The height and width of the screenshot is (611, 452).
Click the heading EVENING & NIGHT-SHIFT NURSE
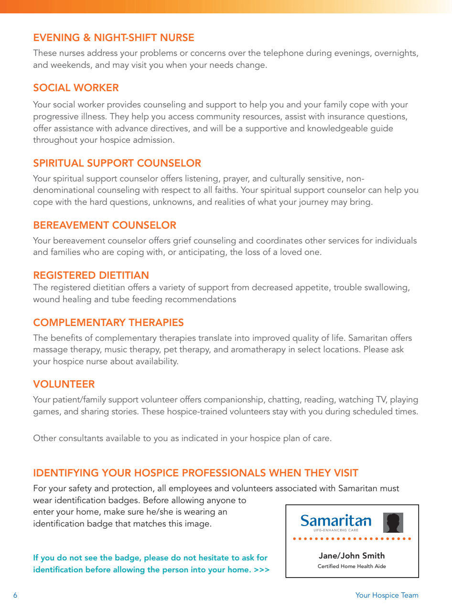point(114,38)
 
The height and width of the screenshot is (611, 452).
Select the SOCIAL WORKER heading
point(76,88)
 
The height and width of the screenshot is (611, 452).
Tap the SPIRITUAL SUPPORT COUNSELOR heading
point(117,163)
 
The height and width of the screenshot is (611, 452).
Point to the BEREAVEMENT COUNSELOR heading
point(105,225)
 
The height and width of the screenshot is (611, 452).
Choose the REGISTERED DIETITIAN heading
point(91,275)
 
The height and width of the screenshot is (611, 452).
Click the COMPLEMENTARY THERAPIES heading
point(108,323)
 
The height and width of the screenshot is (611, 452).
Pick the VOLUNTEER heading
point(64,384)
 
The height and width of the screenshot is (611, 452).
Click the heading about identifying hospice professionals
point(195,473)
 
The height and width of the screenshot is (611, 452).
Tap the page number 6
point(15,595)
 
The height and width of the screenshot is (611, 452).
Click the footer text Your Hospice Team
point(387,595)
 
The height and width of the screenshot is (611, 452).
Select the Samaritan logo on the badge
point(335,520)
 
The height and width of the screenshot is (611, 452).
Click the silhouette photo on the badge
point(393,523)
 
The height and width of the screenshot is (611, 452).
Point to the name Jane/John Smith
point(352,556)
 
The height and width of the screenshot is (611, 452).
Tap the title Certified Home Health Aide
point(352,567)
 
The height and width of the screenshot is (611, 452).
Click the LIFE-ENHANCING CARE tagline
point(335,530)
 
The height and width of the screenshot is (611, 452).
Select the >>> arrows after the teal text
point(262,570)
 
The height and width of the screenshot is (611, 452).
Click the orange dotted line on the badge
point(352,538)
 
